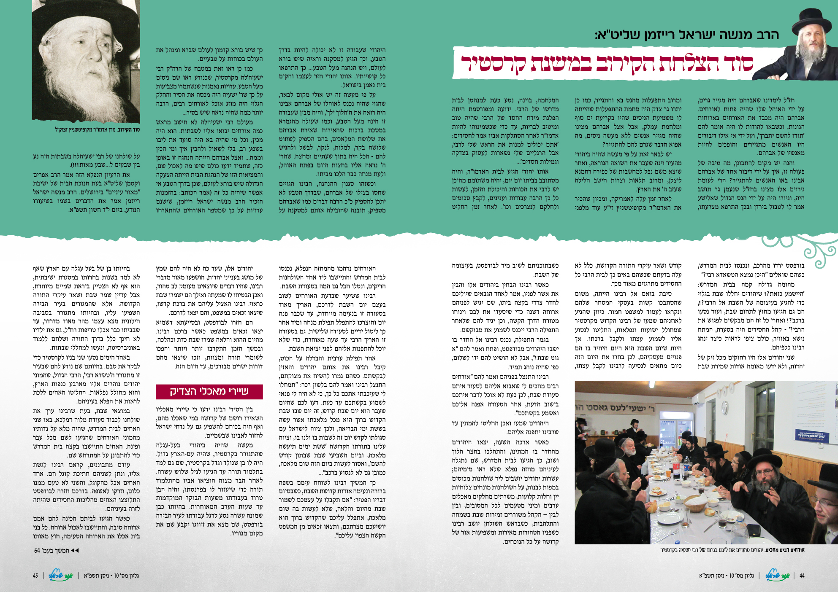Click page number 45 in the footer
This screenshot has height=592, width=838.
pos(35,576)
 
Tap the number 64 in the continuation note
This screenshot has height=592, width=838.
pos(37,551)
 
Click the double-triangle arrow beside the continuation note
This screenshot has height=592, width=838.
pos(75,551)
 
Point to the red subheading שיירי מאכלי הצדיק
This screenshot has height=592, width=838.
pos(209,391)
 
